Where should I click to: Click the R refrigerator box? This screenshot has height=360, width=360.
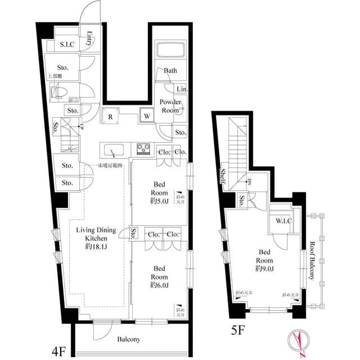click(x=112, y=118)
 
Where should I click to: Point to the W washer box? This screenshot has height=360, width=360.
click(x=146, y=116)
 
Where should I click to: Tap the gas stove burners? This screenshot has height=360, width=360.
click(x=143, y=149)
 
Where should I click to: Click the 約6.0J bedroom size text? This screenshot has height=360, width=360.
click(x=157, y=285)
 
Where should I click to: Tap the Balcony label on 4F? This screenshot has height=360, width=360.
click(x=129, y=339)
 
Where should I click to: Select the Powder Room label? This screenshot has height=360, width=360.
click(x=170, y=106)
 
